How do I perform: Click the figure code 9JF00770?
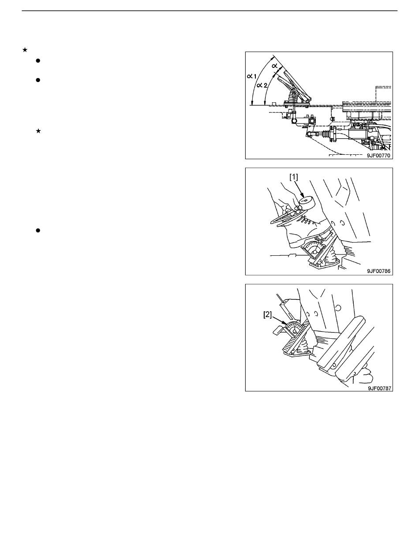[x=378, y=155]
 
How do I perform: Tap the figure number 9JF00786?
[x=378, y=271]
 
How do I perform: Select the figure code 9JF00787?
[x=379, y=388]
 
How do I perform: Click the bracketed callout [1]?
[x=294, y=177]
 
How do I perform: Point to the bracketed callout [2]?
[x=268, y=315]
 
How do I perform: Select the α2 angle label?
[x=262, y=85]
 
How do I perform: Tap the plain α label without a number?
[x=275, y=66]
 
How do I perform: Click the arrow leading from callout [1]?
[x=300, y=190]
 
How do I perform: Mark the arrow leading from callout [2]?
[x=279, y=320]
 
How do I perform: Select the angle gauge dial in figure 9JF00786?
[x=314, y=250]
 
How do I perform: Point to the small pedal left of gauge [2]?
[x=279, y=330]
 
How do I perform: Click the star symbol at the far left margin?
[x=25, y=50]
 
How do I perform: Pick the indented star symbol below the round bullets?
[x=38, y=131]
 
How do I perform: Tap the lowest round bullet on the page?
[x=38, y=231]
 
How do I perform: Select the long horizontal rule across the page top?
[x=209, y=11]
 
